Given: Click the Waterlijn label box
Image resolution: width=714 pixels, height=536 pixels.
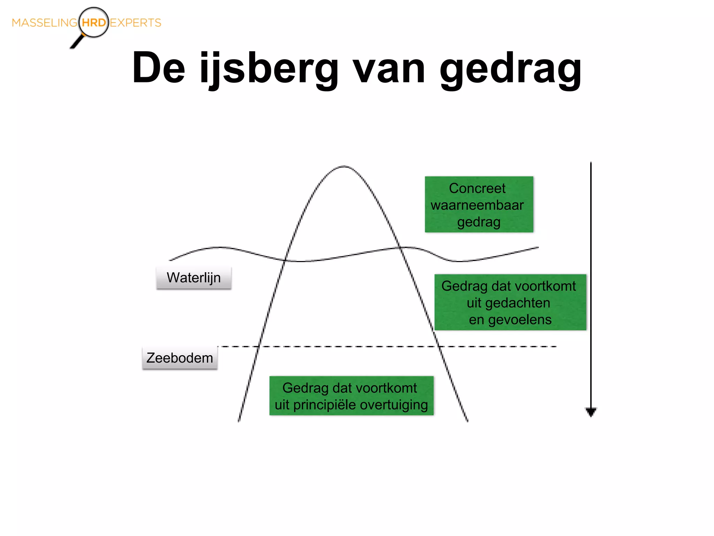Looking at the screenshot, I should [x=194, y=278].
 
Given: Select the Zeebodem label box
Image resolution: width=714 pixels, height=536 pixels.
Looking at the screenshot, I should [x=180, y=358].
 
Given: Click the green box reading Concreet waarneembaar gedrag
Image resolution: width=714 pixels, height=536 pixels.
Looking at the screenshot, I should [x=479, y=204].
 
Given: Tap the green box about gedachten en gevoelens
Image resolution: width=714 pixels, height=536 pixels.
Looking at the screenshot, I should [x=510, y=302].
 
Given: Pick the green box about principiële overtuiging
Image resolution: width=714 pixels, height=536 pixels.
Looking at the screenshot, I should [x=351, y=396].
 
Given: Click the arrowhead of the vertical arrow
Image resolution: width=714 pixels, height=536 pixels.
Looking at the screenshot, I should [x=591, y=412].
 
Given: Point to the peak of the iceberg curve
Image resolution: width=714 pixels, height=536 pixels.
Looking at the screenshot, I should [x=344, y=167].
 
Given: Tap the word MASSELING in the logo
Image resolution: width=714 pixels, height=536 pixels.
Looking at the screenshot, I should [x=44, y=23].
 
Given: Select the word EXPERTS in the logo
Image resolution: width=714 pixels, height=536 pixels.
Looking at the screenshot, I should [x=136, y=23].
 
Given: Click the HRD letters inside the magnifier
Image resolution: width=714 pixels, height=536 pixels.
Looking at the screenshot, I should [x=94, y=23].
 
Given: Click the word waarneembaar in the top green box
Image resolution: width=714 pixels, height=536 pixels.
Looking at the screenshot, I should [x=477, y=205].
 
